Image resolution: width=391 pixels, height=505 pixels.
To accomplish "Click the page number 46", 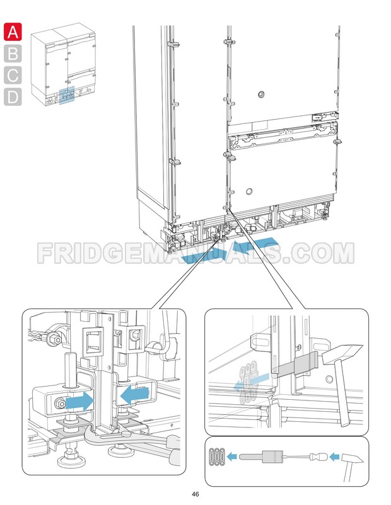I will point(195,494).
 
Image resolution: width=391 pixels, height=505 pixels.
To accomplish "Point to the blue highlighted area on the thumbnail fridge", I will point(66,95).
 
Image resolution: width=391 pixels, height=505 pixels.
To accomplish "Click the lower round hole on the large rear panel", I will point(249,190).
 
